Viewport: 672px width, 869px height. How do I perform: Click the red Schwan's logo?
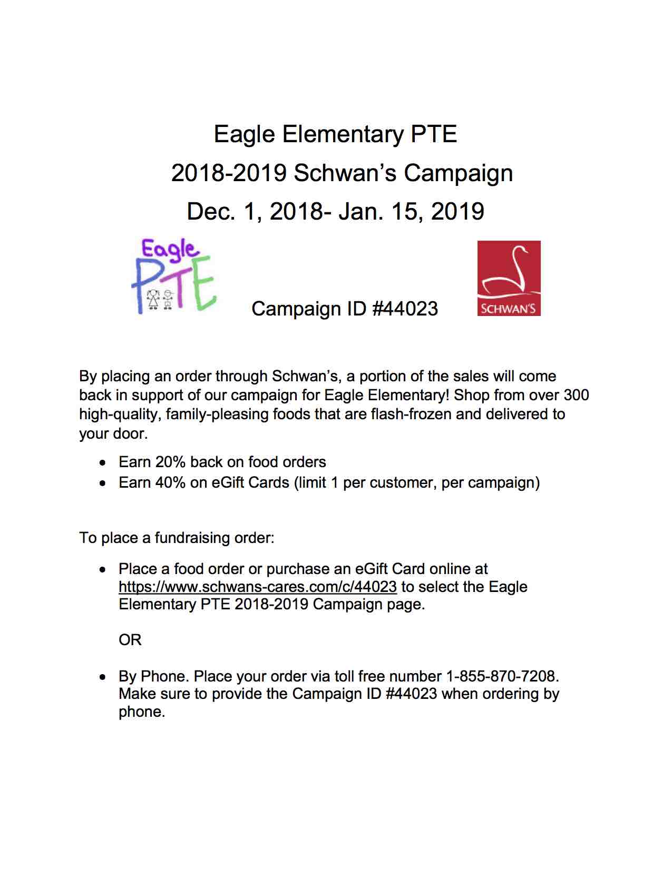509,278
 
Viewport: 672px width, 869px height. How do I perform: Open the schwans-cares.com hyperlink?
257,587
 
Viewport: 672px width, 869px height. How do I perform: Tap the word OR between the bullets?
130,640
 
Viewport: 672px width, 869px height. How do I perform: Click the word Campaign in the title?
458,173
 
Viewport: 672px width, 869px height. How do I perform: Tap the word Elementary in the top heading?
343,134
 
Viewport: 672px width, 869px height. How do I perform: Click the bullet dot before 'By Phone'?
104,677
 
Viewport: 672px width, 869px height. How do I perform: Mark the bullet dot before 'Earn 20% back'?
104,463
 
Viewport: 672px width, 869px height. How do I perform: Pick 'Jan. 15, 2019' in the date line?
411,211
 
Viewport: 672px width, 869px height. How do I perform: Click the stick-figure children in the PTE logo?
160,299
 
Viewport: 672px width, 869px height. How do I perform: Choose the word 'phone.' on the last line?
142,712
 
